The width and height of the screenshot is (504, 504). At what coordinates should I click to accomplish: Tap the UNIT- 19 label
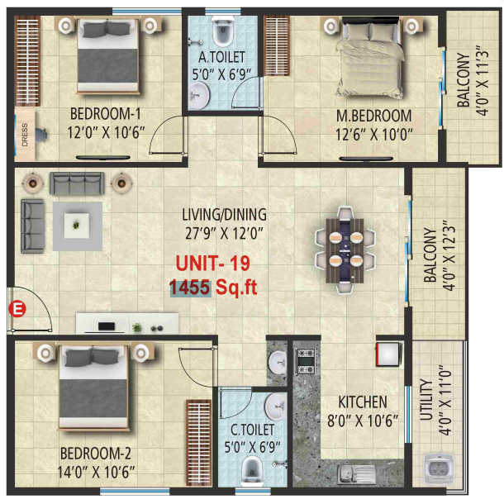[x=212, y=264]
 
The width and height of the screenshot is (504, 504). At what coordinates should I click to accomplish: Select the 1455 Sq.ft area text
[x=212, y=288]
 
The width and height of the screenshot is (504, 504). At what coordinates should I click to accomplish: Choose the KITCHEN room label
[x=363, y=402]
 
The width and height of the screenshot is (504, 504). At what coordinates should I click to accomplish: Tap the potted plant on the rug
[x=77, y=224]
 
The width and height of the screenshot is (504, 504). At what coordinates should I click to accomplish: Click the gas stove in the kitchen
[x=307, y=360]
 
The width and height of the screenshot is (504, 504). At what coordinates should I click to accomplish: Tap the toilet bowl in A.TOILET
[x=221, y=34]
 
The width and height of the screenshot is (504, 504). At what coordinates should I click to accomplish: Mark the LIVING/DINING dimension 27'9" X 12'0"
[x=224, y=232]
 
